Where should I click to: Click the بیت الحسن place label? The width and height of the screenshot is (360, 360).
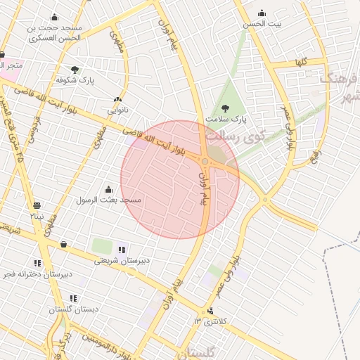[262, 24]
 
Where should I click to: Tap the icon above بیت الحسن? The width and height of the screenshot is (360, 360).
[262, 13]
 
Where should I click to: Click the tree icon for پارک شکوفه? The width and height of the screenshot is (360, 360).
[75, 70]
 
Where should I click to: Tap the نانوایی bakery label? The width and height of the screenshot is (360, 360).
[117, 110]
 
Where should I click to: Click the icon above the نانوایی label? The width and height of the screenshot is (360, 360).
[117, 100]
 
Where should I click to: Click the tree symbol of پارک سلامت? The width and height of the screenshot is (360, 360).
[225, 108]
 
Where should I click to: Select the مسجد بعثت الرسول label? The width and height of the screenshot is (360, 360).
[109, 200]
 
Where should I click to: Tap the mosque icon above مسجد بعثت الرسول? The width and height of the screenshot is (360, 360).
[108, 189]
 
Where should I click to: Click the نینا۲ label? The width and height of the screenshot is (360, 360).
[37, 216]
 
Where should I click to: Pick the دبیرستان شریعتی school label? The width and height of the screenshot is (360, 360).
[123, 260]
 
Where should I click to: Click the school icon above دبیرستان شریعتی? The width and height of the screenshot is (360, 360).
[122, 249]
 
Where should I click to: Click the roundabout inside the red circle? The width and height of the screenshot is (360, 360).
[205, 162]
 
